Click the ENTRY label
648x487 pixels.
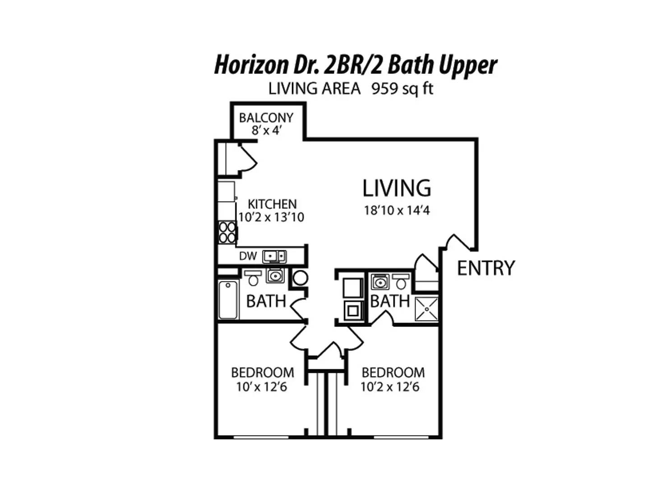486,268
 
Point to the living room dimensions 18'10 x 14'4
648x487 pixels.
397,210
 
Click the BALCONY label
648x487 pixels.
266,118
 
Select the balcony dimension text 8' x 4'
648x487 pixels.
266,130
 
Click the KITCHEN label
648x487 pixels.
272,204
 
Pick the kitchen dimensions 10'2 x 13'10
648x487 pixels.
271,217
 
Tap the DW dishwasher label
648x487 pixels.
248,256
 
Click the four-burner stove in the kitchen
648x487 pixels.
227,232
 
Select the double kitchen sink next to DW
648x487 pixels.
274,256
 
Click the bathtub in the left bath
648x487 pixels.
227,299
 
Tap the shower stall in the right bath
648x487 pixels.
426,309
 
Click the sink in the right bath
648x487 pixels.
380,281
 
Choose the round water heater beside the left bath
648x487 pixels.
301,278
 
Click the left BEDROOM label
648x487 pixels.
263,372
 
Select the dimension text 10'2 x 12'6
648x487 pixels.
390,386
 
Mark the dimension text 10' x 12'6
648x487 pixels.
262,386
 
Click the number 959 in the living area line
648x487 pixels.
384,88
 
